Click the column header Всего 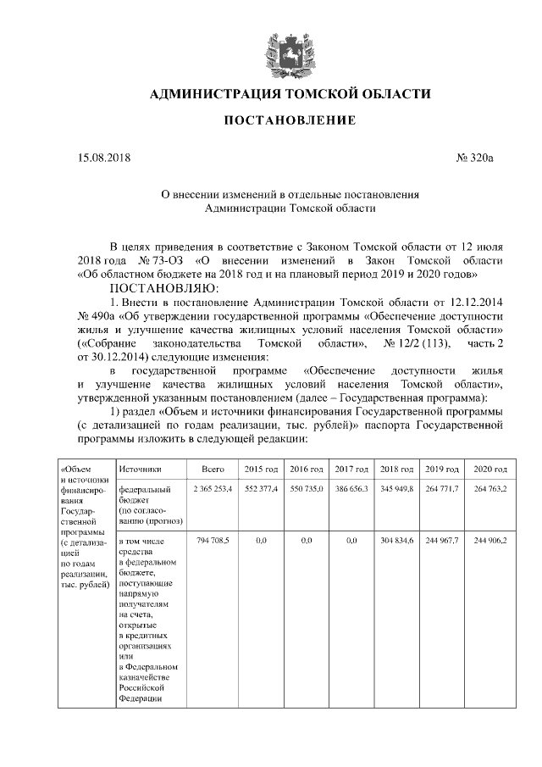(x=213, y=469)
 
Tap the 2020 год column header (x=490, y=469)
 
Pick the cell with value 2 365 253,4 (x=213, y=490)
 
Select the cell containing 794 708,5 (x=213, y=540)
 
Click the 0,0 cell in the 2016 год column (x=306, y=540)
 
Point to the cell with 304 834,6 (x=396, y=540)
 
